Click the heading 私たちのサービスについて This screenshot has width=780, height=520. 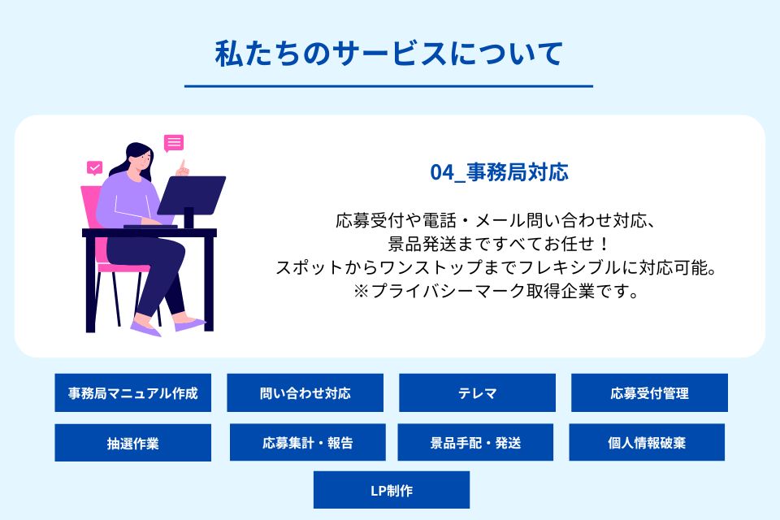point(389,54)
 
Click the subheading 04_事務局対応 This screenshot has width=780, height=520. point(499,172)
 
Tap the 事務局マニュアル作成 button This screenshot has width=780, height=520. point(132,392)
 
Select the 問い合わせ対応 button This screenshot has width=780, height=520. point(305,392)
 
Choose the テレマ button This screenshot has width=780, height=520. point(477,392)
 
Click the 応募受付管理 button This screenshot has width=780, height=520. point(649,392)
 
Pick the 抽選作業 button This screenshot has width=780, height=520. point(132,442)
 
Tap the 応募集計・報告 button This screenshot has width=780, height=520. point(307,442)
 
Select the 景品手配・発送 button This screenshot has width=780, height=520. point(475,442)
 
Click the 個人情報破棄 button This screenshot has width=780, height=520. point(647,442)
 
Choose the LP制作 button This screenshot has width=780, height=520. point(392,490)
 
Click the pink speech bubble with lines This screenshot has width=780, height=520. point(174,143)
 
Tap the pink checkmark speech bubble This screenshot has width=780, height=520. point(94,168)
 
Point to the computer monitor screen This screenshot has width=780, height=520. point(192,194)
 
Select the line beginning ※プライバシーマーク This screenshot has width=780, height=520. point(496,291)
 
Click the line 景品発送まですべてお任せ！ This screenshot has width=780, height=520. point(498,244)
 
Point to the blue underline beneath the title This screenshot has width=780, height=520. point(388,86)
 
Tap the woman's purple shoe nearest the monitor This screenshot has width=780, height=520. point(190,324)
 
